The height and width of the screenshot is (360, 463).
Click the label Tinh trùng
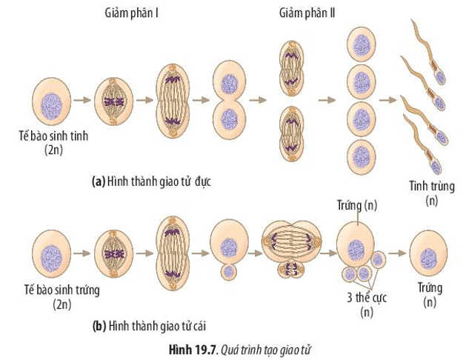(x=430, y=186)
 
